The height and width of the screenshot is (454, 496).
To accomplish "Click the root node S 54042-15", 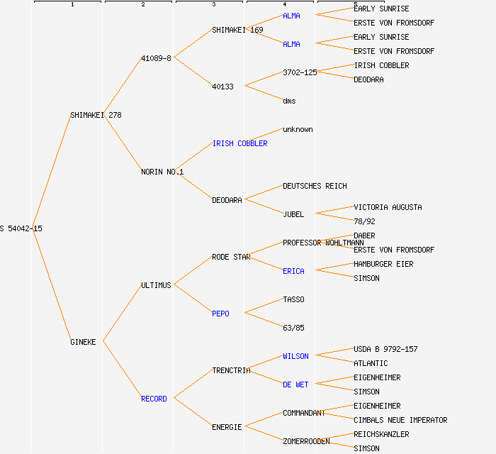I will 21,228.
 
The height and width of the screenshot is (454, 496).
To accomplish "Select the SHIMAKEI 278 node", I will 96,115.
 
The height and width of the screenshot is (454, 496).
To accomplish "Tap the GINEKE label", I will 83,342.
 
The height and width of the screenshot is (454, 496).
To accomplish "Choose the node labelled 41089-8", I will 156,58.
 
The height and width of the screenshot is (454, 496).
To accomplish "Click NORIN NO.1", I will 162,172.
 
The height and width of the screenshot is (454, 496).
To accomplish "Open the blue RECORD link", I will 154,399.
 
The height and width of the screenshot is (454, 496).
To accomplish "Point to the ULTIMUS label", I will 156,285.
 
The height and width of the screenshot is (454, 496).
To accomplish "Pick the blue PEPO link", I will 220,314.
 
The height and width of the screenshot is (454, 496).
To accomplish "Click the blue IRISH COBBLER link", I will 239,143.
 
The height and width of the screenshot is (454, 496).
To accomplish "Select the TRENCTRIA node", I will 231,370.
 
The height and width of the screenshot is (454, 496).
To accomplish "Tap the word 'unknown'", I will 298,129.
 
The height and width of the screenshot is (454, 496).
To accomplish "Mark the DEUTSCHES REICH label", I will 315,186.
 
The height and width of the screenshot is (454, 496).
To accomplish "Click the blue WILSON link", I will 295,356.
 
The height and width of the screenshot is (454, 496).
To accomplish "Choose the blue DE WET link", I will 295,384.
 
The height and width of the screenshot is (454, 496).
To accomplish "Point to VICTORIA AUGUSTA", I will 388,207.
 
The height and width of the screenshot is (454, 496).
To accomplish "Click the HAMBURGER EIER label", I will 383,264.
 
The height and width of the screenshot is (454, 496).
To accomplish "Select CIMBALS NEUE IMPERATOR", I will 400,420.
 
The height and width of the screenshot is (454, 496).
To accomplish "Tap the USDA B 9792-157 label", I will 385,349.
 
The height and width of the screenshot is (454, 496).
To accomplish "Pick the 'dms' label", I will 289,101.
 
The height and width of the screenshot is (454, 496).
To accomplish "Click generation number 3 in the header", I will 213,5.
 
